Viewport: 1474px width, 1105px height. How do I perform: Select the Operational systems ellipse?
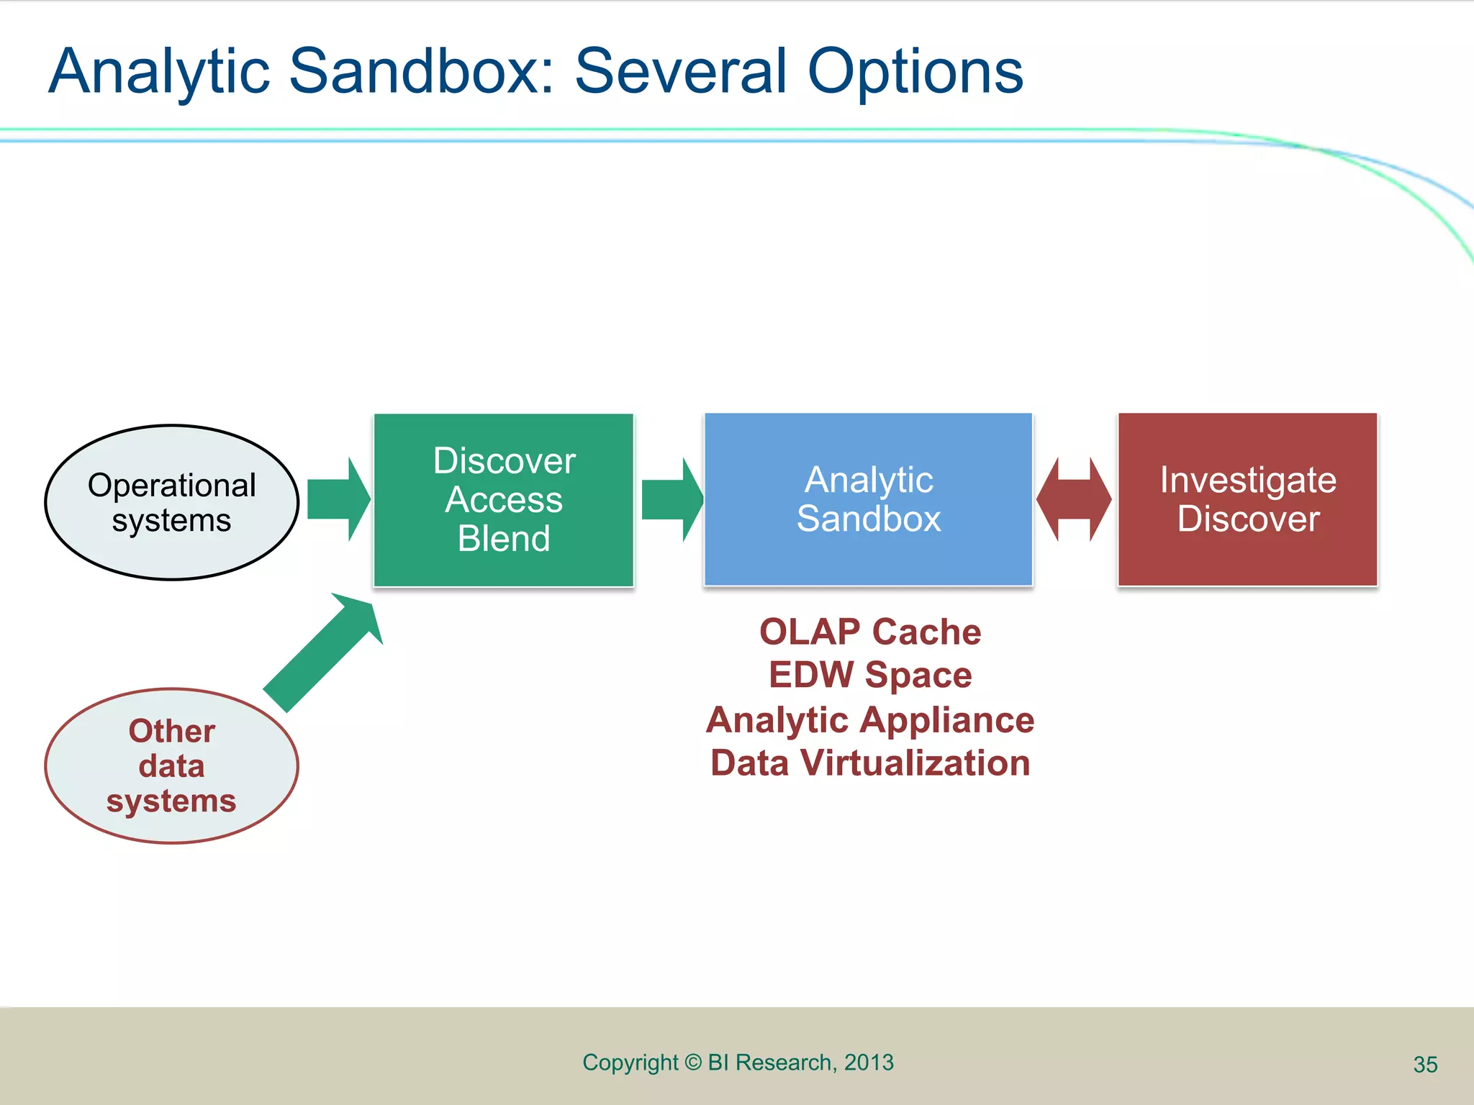click(171, 502)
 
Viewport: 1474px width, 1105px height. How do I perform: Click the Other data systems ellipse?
click(171, 765)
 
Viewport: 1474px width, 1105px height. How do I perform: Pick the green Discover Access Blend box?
click(504, 499)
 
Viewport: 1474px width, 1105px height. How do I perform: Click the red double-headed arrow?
click(1074, 499)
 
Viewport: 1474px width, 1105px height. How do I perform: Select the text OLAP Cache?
click(869, 632)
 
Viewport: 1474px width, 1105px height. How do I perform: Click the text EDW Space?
click(869, 675)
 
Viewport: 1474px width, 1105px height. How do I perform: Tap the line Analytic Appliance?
click(869, 719)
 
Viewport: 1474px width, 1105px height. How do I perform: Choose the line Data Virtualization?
click(869, 763)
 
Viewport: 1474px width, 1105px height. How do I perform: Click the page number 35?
click(1425, 1065)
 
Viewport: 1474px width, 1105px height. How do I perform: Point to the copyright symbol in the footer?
click(692, 1063)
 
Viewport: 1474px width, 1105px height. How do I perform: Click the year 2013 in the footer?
click(869, 1063)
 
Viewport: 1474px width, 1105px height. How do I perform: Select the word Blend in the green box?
click(504, 538)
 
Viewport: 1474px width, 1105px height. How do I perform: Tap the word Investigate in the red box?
click(1247, 480)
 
